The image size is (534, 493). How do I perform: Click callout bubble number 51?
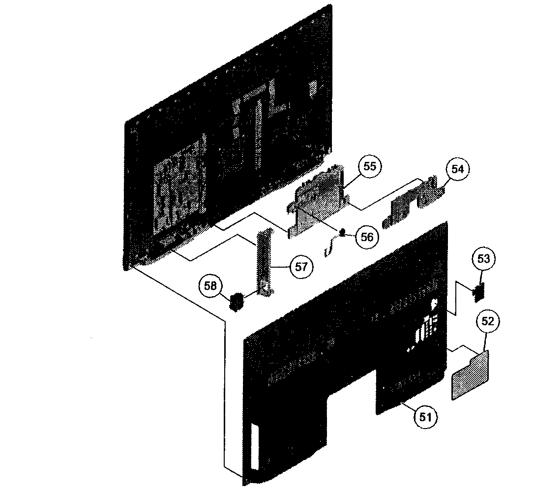click(426, 417)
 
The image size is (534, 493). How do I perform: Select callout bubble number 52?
click(487, 321)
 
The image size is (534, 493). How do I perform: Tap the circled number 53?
click(483, 259)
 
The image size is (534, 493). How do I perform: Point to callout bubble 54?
click(457, 169)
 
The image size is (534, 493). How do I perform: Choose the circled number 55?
click(369, 166)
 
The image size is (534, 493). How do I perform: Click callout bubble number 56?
click(367, 237)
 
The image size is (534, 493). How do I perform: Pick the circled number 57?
click(301, 267)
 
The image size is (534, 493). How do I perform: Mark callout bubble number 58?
click(210, 286)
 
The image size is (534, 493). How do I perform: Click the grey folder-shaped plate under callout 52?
click(470, 375)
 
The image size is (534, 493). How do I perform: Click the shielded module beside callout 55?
click(317, 201)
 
